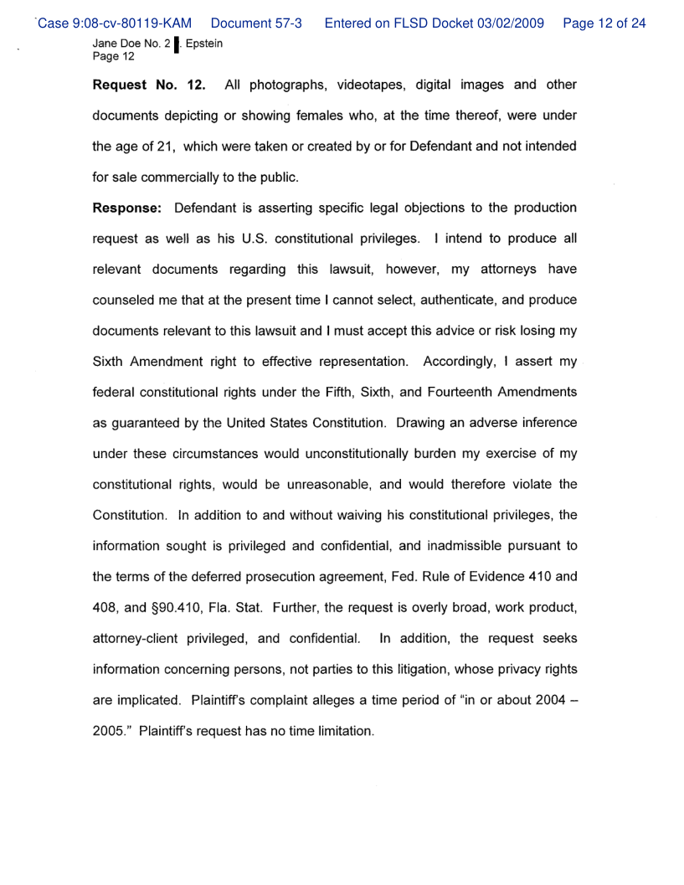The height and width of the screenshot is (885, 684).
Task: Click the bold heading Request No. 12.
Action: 148,85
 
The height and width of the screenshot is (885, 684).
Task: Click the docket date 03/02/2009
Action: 500,23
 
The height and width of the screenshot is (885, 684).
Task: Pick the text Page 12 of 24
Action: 604,23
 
